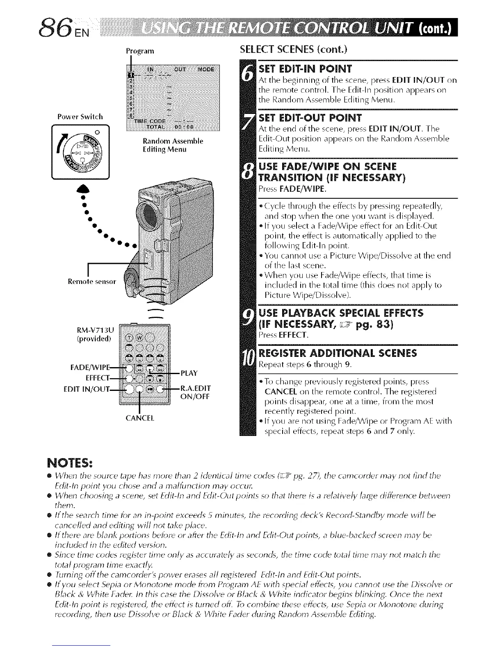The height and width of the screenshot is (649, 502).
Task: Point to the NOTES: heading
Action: coord(71,464)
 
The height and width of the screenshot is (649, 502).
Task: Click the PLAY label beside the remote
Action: coord(189,373)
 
